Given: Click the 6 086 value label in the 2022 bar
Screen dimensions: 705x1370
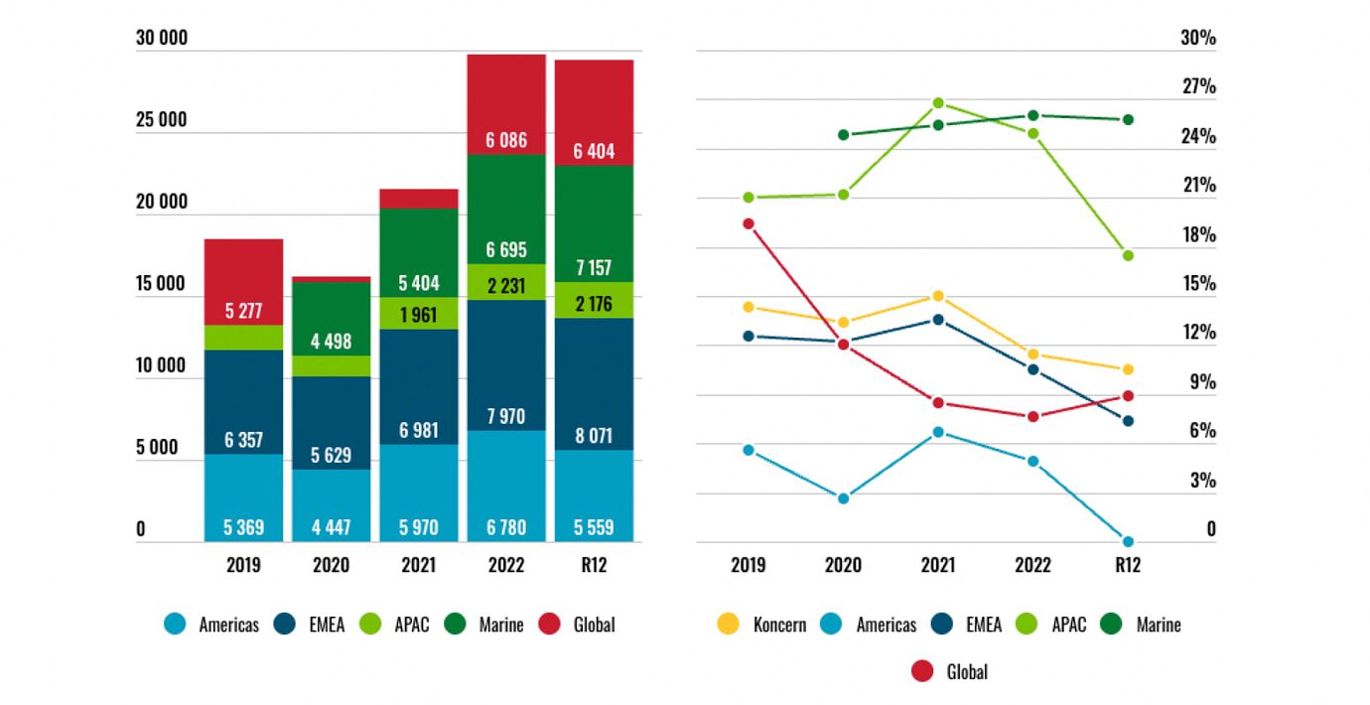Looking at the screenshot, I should pos(506,141).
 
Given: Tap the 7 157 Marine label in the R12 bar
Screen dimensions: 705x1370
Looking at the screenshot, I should pos(594,268).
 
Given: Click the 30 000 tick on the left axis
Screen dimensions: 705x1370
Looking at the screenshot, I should pos(162,39).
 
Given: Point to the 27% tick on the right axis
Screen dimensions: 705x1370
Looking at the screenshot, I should pos(1198,87).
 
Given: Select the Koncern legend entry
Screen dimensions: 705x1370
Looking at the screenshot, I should pos(761,625).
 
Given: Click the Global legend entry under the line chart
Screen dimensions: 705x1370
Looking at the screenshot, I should pos(950,672).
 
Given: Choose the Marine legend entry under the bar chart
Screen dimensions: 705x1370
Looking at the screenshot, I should pos(486,625).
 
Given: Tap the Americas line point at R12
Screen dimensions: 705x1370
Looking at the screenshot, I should pos(1128,541).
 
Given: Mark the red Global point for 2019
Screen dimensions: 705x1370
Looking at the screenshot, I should pos(749,223).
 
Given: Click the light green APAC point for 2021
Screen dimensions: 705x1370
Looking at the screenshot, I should pos(938,103).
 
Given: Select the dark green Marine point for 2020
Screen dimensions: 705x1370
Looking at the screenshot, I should pos(843,135).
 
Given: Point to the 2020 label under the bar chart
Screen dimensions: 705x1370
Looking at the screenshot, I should pos(331,565).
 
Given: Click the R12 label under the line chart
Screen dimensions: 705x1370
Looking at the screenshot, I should pos(1128,565).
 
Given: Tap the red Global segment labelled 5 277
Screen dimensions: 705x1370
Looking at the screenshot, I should pos(243,310).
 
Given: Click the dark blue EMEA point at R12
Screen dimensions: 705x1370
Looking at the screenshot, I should pos(1128,421).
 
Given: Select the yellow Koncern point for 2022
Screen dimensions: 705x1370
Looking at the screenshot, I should pos(1032,354).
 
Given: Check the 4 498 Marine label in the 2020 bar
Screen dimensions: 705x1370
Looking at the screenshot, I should pos(331,342).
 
